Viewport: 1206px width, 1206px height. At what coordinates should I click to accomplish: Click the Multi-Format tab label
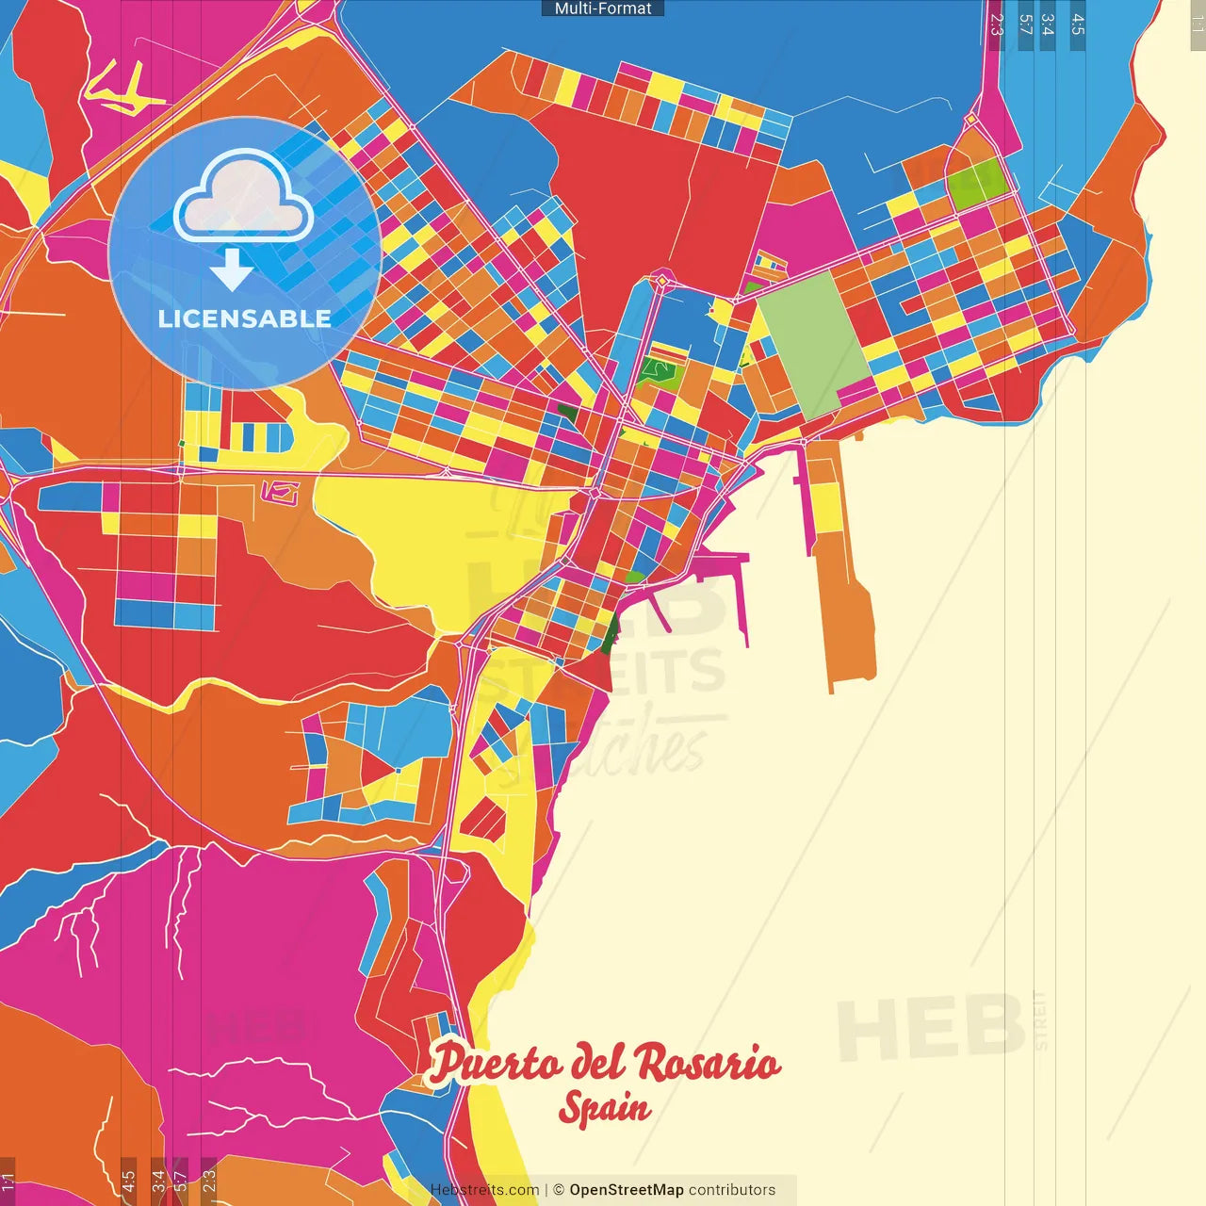(x=603, y=8)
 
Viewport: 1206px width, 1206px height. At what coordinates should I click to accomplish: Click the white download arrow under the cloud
(x=231, y=269)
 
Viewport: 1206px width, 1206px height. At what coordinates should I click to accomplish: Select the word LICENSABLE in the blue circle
(x=244, y=318)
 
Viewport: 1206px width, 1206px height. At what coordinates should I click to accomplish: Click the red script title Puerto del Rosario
(x=604, y=1063)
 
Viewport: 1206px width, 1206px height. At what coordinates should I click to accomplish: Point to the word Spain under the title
(x=604, y=1108)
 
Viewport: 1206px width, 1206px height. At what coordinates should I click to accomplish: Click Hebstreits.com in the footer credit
(x=484, y=1190)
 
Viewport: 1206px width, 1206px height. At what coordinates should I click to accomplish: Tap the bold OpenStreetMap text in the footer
(x=627, y=1190)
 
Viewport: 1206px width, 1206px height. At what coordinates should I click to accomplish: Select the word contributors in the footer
(x=732, y=1190)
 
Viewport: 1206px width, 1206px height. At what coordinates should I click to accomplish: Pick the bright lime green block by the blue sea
(x=976, y=184)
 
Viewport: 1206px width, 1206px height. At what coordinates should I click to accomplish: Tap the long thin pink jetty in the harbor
(x=741, y=603)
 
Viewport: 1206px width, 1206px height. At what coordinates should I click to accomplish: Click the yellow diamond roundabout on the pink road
(x=662, y=280)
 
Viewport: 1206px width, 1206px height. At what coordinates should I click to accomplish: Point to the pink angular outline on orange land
(x=280, y=491)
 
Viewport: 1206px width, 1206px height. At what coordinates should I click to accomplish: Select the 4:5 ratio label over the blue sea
(x=1077, y=25)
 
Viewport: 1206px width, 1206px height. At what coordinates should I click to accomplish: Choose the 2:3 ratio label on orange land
(x=209, y=1178)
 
